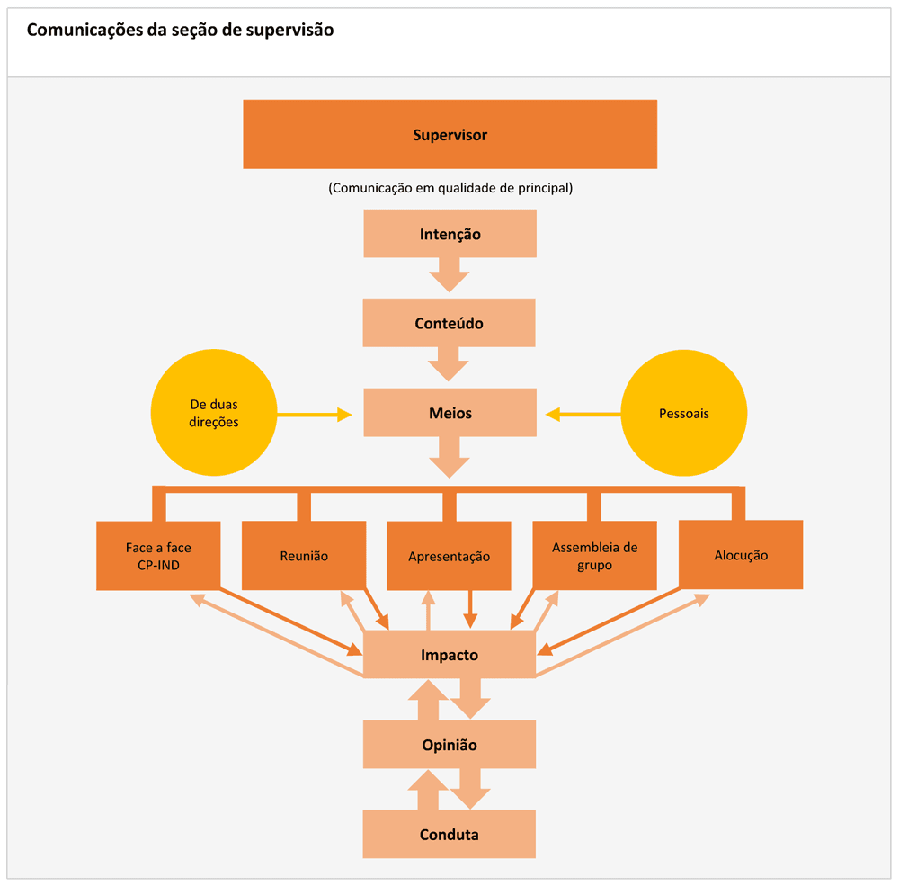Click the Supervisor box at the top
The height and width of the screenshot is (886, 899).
coord(449,134)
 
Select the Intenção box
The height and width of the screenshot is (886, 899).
coord(449,234)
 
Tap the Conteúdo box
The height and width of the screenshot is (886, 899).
coord(449,323)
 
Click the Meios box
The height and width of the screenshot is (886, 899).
coord(449,413)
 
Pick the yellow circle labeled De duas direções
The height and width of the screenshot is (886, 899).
coord(214,413)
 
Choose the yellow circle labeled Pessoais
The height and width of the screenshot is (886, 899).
coord(684,413)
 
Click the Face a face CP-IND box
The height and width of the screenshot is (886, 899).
coord(158,555)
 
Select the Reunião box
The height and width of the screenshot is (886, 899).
coord(304,555)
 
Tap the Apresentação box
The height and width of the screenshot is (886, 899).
coord(449,555)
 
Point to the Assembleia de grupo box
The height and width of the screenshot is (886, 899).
coord(594,555)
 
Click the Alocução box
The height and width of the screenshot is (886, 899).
coord(741,555)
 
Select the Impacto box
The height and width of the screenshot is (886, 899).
coord(449,655)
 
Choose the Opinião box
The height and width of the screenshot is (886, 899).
coord(449,745)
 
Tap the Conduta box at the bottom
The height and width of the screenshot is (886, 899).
coord(449,835)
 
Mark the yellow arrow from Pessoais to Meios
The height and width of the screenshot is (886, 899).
coord(584,414)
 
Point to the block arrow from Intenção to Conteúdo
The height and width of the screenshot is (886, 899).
coord(449,273)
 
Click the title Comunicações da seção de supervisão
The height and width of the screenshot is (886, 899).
coord(180,30)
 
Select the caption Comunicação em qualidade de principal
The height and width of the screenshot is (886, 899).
coord(450,188)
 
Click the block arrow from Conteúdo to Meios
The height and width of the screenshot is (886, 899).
coord(449,363)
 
